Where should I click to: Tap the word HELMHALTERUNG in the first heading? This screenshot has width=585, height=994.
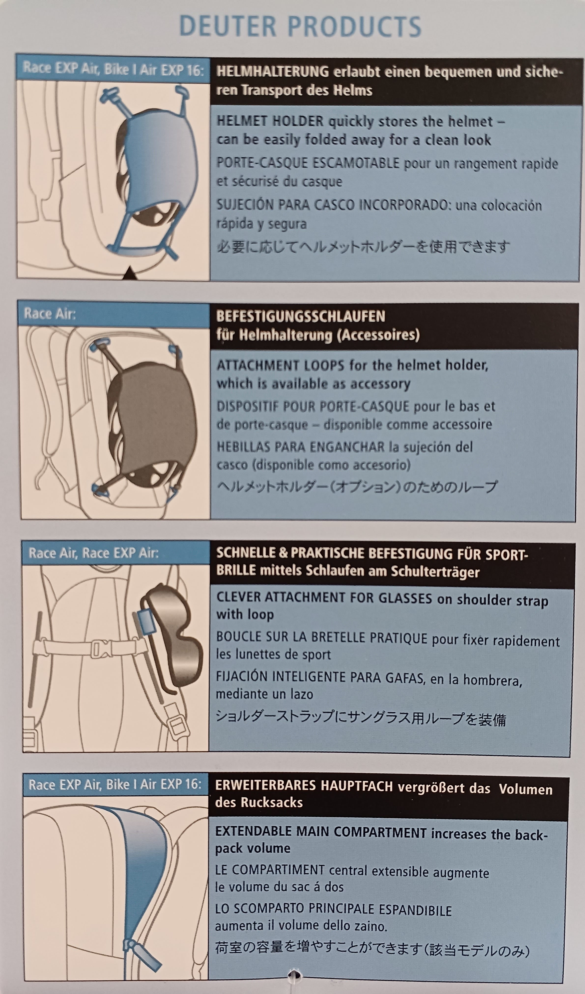pyautogui.click(x=272, y=72)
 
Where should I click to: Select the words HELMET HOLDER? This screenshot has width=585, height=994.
pyautogui.click(x=270, y=121)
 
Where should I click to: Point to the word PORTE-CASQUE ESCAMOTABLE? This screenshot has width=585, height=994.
pyautogui.click(x=308, y=163)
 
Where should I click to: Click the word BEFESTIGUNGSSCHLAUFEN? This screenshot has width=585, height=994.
pyautogui.click(x=300, y=316)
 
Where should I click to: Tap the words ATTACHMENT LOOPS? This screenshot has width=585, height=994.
pyautogui.click(x=280, y=365)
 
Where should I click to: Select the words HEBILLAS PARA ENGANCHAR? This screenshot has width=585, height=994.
pyautogui.click(x=300, y=447)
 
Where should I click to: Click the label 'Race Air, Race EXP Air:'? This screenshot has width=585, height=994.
pyautogui.click(x=94, y=553)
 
